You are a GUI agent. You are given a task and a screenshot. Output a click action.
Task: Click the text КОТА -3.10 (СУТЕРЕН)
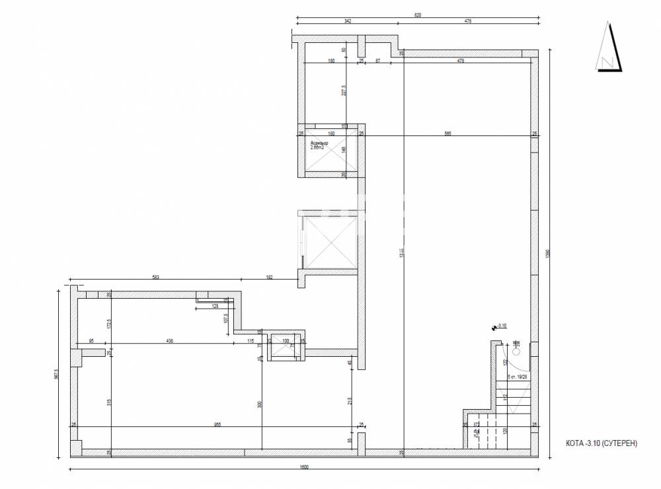[601, 444]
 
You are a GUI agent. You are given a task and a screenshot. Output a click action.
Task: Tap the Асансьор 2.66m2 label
[319, 145]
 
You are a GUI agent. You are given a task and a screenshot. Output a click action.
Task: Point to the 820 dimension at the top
[418, 14]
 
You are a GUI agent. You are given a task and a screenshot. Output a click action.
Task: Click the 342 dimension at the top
[348, 21]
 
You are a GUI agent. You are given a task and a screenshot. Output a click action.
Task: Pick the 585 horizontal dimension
[447, 133]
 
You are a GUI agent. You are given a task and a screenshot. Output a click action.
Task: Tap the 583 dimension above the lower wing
[156, 278]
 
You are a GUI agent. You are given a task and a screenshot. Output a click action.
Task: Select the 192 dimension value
[270, 278]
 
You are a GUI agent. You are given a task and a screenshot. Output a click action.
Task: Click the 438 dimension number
[170, 341]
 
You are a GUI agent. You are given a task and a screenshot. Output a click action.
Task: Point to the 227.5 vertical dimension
[344, 89]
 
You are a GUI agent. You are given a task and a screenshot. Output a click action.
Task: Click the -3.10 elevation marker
[501, 325]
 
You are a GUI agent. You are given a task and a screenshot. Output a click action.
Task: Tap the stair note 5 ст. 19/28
[517, 377]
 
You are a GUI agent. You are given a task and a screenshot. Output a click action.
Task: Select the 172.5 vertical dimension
[110, 324]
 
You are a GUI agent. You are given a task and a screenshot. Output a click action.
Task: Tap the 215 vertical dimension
[349, 400]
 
